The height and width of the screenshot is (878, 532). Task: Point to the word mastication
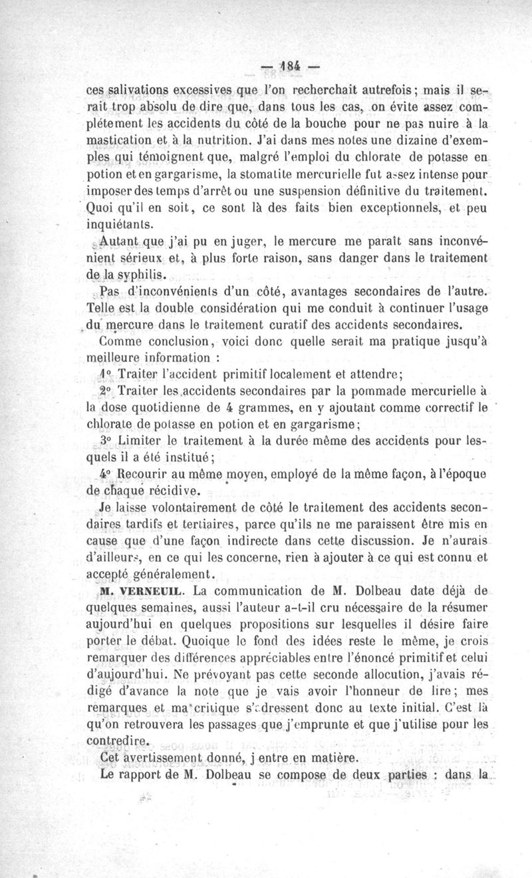[122, 141]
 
